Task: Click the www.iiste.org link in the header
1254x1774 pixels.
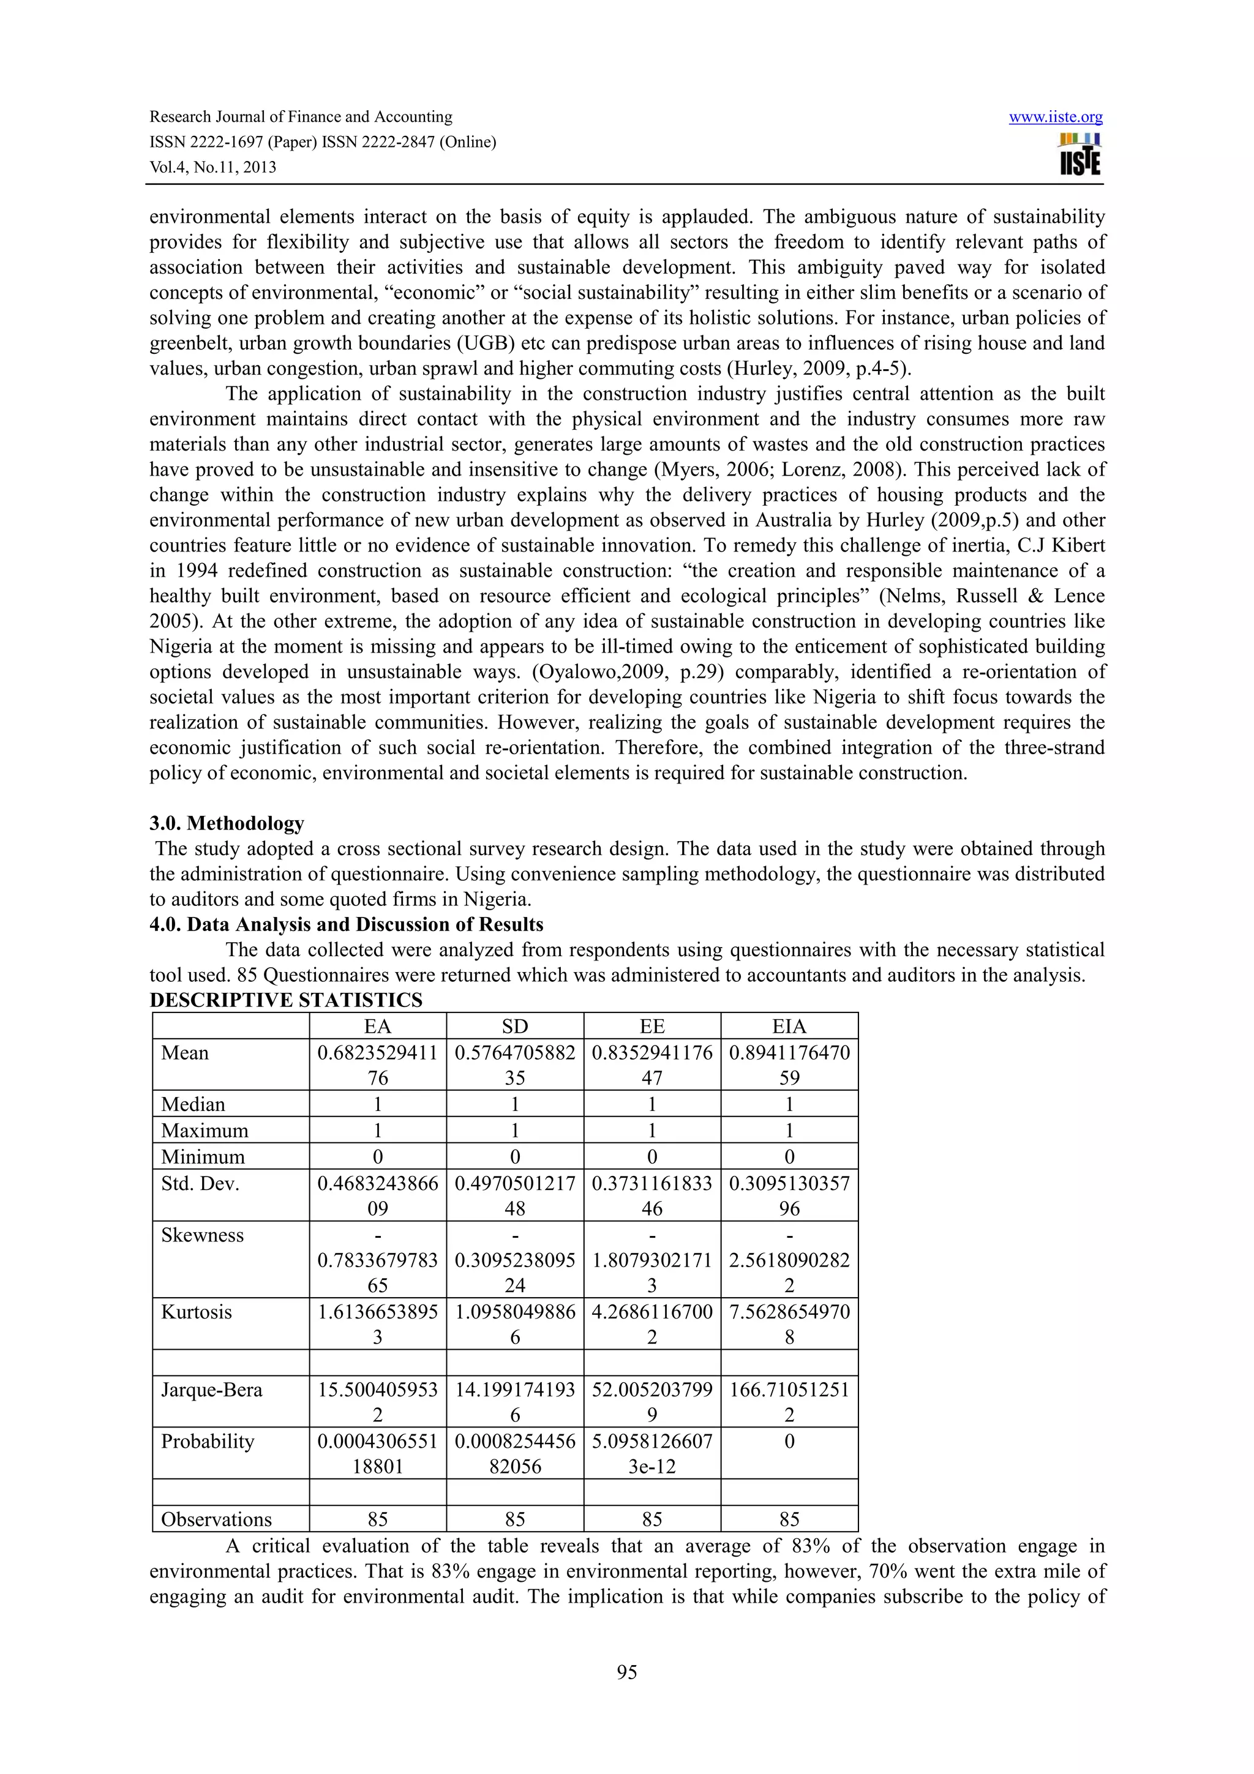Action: pyautogui.click(x=1056, y=118)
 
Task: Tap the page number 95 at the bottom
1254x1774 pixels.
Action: pyautogui.click(x=626, y=1672)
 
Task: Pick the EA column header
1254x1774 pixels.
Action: pyautogui.click(x=377, y=1026)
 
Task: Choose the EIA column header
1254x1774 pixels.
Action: pyautogui.click(x=789, y=1026)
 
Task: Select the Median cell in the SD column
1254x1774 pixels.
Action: pyautogui.click(x=514, y=1104)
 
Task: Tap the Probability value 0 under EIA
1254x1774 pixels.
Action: pyautogui.click(x=789, y=1442)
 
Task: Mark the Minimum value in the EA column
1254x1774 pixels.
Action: pyautogui.click(x=377, y=1157)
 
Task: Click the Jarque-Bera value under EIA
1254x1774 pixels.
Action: pyautogui.click(x=789, y=1402)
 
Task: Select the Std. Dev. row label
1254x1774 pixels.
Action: pyautogui.click(x=200, y=1183)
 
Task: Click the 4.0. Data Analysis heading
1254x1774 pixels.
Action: pyautogui.click(x=346, y=924)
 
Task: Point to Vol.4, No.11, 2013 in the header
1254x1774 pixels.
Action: pyautogui.click(x=212, y=168)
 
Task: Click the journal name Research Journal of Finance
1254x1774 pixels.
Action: pyautogui.click(x=301, y=117)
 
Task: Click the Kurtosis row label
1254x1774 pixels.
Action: pyautogui.click(x=197, y=1312)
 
